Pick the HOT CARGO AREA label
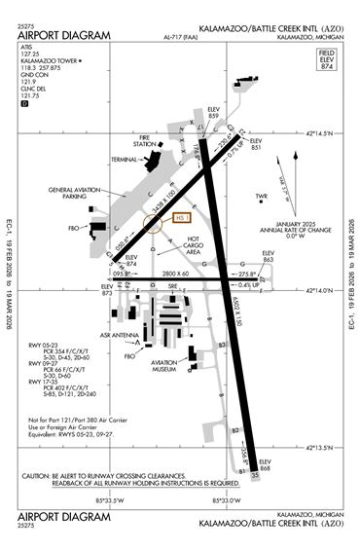click(x=193, y=244)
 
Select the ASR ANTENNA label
click(x=115, y=333)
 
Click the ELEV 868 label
click(x=265, y=466)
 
